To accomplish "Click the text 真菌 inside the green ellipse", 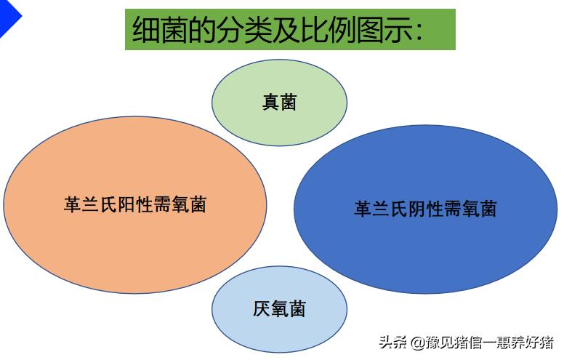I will [279, 102].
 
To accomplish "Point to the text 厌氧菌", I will [279, 309].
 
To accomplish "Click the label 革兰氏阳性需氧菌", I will [135, 204].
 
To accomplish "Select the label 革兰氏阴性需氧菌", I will [425, 209].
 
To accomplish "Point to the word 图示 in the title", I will [385, 30].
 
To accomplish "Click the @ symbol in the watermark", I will [416, 343].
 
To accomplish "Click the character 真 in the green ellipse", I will [270, 102].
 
